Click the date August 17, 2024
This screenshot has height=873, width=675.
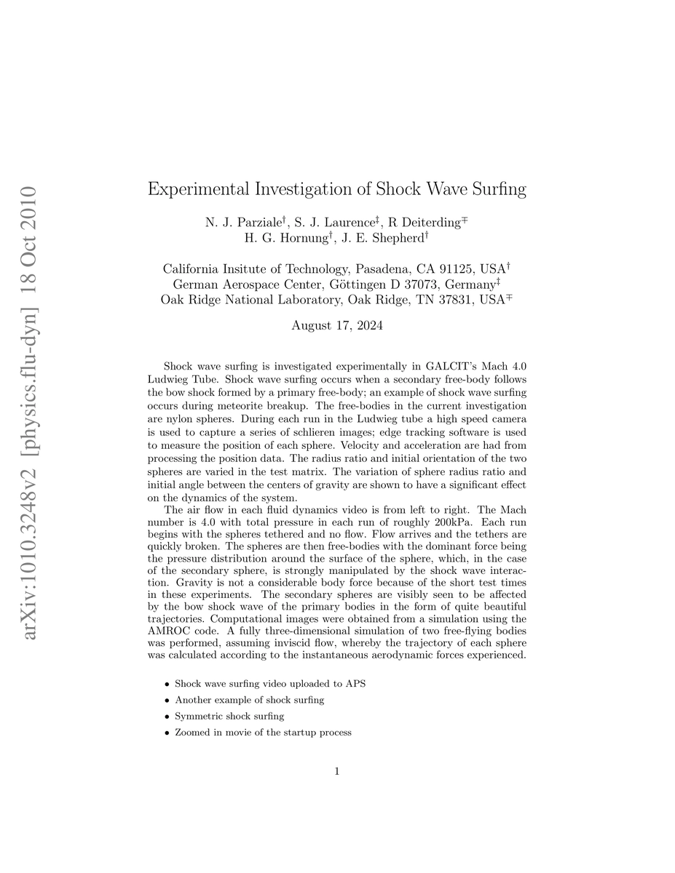click(337, 326)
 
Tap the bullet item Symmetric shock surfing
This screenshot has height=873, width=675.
click(229, 716)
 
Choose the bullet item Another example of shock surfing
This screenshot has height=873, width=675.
click(249, 700)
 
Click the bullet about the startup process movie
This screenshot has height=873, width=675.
click(263, 732)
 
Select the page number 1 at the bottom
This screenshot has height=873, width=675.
click(337, 771)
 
